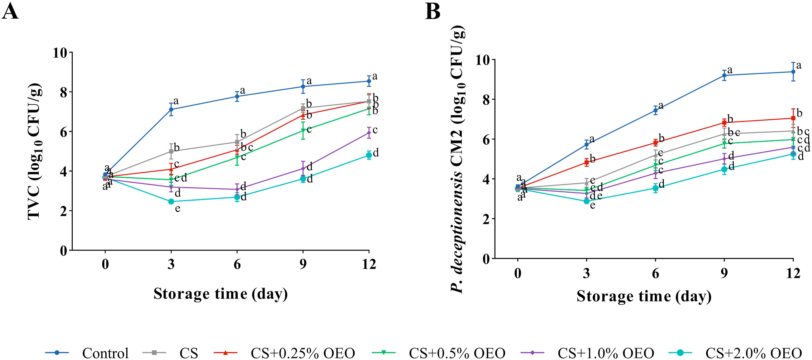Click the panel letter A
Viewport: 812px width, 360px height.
[10, 12]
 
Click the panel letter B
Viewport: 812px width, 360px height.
[432, 12]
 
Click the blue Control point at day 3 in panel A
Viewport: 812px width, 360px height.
[171, 109]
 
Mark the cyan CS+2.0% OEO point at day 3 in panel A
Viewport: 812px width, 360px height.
[171, 201]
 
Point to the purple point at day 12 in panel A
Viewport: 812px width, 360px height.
[369, 133]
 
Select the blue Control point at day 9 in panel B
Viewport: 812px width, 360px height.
[724, 75]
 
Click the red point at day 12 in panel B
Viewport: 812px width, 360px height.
[793, 118]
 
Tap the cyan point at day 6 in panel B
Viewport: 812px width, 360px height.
[655, 188]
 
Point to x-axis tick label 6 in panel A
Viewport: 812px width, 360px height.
[237, 264]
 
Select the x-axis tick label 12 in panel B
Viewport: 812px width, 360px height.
[793, 273]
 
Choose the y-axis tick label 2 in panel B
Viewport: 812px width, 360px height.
[486, 219]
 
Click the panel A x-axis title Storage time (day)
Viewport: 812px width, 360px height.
[221, 294]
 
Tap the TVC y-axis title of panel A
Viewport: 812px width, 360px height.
[35, 151]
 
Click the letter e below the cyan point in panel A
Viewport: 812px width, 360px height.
[178, 209]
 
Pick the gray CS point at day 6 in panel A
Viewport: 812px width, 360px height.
[237, 142]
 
